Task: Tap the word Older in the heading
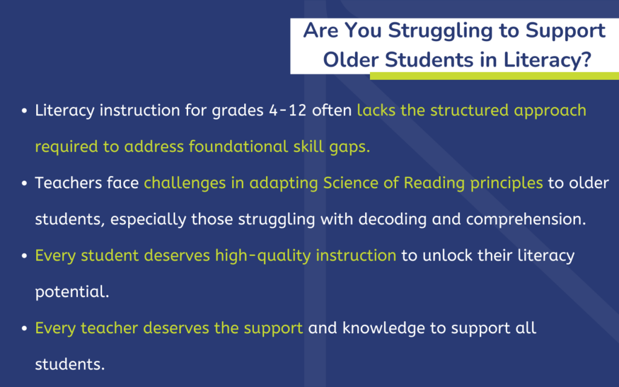point(351,60)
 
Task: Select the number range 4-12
point(287,111)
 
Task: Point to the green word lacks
point(376,110)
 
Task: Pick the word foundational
point(238,146)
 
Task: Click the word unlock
point(447,256)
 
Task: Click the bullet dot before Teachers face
point(24,184)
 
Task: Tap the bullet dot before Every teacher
point(24,329)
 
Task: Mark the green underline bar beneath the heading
point(494,76)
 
